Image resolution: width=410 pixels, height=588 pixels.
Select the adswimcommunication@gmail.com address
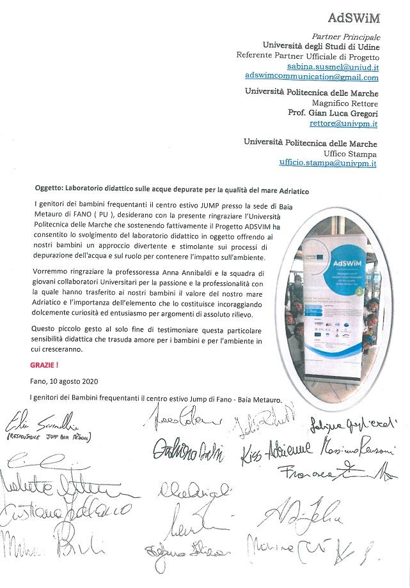(311, 77)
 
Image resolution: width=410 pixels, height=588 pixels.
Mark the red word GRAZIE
(44, 366)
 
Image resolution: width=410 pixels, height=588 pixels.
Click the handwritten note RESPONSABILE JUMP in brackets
(49, 438)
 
